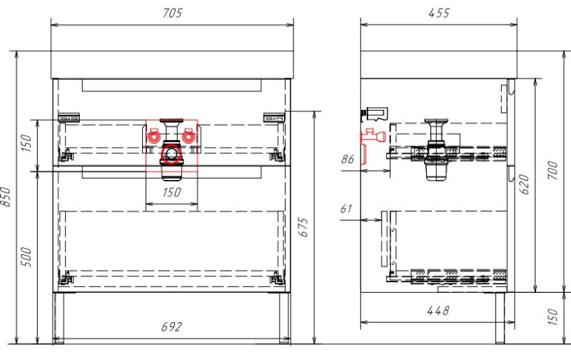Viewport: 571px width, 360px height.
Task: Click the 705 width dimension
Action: (172, 13)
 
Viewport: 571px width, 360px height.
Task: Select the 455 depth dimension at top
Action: (439, 13)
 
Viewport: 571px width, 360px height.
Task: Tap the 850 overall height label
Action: (6, 196)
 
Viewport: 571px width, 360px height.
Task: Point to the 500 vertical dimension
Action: (26, 256)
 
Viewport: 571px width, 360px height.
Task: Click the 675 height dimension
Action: (304, 227)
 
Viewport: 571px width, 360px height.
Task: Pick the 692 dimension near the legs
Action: (171, 327)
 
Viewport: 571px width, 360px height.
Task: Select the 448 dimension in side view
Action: (438, 311)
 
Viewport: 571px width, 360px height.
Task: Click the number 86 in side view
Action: (348, 159)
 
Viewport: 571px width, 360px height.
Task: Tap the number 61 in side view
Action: (346, 209)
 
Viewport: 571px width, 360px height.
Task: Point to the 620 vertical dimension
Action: (524, 184)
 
